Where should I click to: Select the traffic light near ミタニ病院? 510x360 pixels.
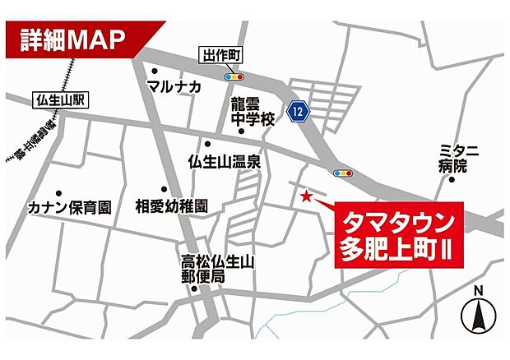pyautogui.click(x=343, y=173)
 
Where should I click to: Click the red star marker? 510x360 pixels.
pyautogui.click(x=306, y=196)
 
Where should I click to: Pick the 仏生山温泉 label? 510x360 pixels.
pyautogui.click(x=225, y=161)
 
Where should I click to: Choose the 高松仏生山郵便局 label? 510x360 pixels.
pyautogui.click(x=219, y=270)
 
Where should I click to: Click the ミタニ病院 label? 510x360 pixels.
pyautogui.click(x=459, y=158)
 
